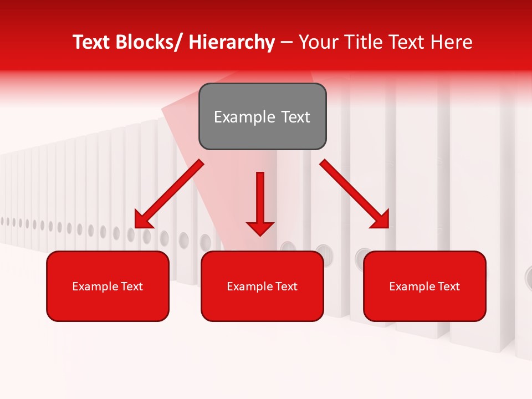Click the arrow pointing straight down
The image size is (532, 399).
click(x=260, y=202)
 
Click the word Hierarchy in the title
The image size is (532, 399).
click(x=232, y=42)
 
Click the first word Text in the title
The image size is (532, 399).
click(x=92, y=42)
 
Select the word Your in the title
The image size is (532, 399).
click(x=318, y=42)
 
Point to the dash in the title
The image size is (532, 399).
click(x=287, y=42)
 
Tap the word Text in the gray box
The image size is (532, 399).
click(x=295, y=117)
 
